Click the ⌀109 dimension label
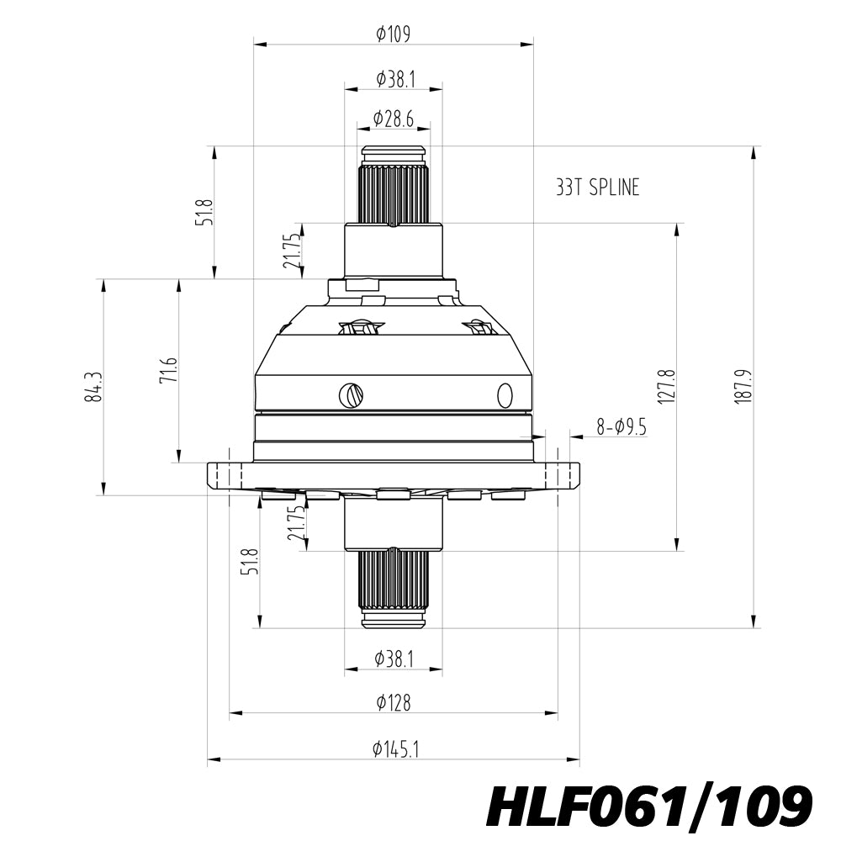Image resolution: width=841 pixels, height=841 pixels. point(394,34)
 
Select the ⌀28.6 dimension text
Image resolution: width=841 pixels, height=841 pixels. point(394,119)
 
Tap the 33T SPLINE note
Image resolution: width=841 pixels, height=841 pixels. point(597,188)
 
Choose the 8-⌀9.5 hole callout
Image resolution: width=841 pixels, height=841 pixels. point(621,427)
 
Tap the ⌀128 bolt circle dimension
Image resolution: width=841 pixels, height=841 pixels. point(394,702)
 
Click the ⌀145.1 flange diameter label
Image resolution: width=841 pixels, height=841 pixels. point(396,748)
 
